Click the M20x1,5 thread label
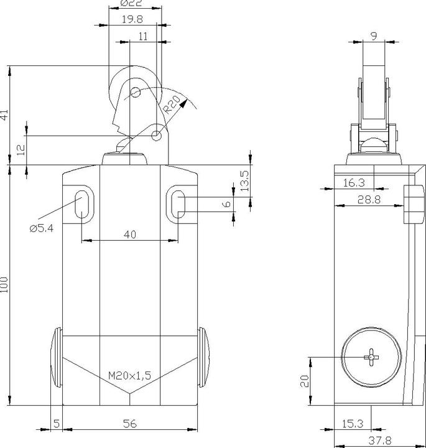tap(129, 375)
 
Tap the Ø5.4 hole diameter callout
tap(42, 228)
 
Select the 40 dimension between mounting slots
tap(130, 235)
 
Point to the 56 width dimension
tap(130, 424)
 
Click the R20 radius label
tap(172, 105)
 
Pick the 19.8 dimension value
tap(132, 19)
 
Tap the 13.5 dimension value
tap(244, 181)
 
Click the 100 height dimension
tap(4, 284)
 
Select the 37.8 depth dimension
tap(380, 441)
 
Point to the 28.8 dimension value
tap(369, 200)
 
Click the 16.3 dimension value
tap(354, 182)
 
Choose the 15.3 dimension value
tap(353, 424)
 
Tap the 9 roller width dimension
tap(374, 35)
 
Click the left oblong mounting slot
tap(82, 204)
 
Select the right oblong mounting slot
tap(178, 204)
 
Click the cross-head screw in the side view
tap(371, 357)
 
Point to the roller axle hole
tap(135, 92)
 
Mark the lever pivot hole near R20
tap(156, 136)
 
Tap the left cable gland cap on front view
tap(56, 357)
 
